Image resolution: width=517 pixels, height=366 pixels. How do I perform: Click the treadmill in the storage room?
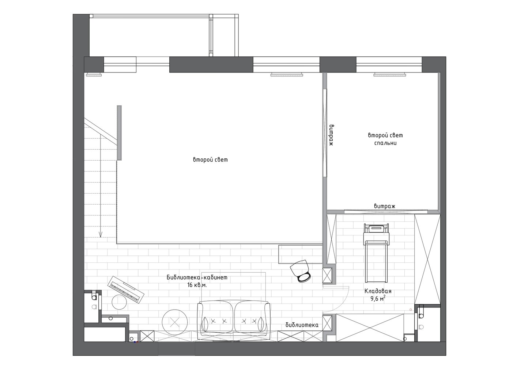click(376, 253)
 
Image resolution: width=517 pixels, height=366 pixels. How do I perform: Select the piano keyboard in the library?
click(126, 289)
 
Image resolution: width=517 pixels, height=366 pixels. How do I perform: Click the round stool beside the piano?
click(119, 302)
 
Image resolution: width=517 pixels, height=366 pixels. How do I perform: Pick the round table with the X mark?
click(174, 322)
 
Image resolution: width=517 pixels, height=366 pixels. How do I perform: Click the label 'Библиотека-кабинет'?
click(197, 277)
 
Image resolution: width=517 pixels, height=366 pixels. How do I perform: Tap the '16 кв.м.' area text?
click(197, 285)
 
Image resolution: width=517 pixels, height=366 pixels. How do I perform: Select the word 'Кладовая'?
click(378, 291)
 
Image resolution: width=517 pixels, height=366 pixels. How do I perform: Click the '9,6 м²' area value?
click(378, 299)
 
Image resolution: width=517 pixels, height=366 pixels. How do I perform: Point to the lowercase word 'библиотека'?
click(302, 325)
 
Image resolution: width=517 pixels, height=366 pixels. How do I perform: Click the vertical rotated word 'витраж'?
click(332, 135)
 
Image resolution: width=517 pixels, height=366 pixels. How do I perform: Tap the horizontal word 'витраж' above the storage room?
click(385, 206)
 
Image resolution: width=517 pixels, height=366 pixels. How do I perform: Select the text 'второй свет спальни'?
click(385, 139)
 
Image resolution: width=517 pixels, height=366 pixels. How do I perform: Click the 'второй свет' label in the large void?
click(210, 160)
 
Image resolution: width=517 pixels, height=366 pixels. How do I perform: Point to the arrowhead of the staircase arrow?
click(101, 236)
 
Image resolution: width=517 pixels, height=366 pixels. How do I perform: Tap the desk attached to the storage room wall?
click(301, 254)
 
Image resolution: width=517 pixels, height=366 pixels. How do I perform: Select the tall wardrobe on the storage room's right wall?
click(427, 259)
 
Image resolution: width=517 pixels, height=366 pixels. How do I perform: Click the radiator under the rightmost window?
click(390, 74)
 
